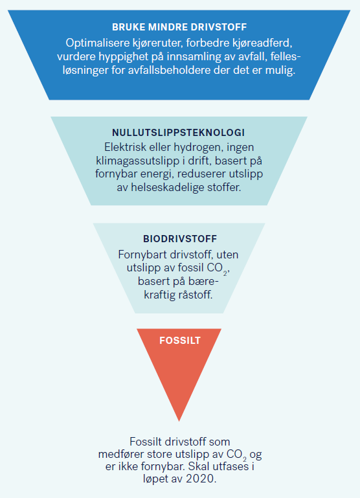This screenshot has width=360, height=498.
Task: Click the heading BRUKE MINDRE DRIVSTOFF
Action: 179,27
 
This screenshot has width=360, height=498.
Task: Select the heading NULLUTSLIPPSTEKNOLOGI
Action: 179,133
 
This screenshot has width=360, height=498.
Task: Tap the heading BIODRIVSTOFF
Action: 180,239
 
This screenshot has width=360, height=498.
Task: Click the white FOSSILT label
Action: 180,341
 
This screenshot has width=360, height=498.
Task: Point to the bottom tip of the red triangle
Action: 179,421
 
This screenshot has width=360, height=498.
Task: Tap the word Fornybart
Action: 143,255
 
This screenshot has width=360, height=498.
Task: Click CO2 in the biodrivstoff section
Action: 217,269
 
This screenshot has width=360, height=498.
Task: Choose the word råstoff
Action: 196,295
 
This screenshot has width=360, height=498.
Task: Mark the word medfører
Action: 121,455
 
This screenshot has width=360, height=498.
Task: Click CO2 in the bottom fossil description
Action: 237,455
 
